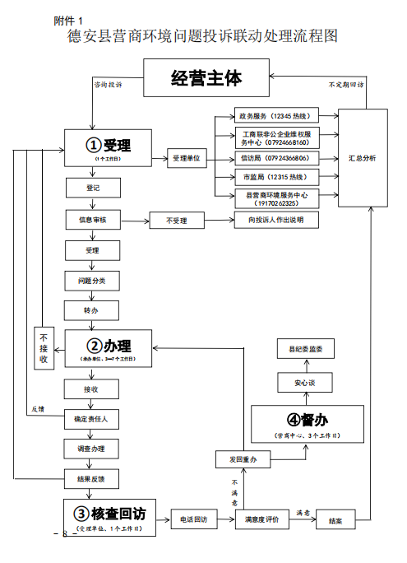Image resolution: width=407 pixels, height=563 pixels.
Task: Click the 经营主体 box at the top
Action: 206,79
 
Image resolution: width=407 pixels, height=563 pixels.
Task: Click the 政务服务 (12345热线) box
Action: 275,116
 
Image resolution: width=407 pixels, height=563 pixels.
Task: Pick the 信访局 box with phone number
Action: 275,156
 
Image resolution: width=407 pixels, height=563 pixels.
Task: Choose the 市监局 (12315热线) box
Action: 275,177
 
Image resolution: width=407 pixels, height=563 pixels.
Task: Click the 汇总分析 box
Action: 363,156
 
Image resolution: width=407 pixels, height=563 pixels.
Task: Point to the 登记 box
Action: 92,188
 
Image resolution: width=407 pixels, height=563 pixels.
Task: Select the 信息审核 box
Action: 92,220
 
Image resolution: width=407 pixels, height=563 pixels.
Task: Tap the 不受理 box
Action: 177,221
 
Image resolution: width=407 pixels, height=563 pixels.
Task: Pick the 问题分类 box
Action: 92,281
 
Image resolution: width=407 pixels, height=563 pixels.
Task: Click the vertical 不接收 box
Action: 44,347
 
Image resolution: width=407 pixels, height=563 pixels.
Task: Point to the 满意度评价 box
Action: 262,519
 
